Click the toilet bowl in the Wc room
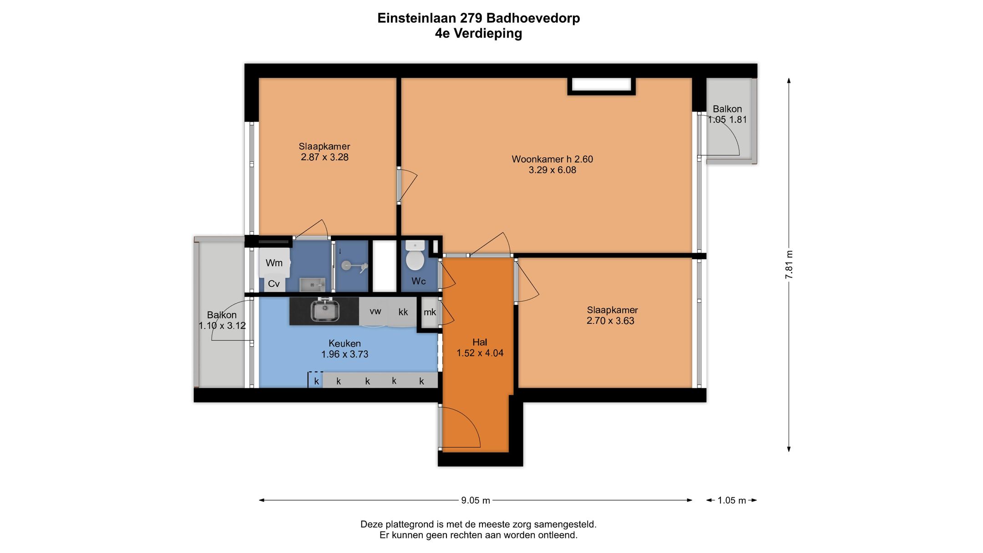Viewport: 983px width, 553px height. tap(415, 260)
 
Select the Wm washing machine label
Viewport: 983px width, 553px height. tap(274, 263)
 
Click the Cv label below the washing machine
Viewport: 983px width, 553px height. tap(274, 284)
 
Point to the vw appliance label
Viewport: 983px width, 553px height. tap(375, 311)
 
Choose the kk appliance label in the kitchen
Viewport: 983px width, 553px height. tap(403, 312)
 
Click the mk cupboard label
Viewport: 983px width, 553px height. tap(430, 312)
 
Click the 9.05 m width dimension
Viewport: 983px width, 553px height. tap(475, 500)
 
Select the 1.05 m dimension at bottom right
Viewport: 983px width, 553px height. tap(731, 500)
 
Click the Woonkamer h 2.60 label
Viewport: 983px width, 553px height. tap(552, 159)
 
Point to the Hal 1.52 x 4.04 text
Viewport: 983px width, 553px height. tap(480, 348)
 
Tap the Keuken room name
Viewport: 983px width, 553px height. tap(345, 343)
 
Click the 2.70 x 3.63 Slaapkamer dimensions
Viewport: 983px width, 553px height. tap(610, 320)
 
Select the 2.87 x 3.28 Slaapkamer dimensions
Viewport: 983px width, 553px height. tap(324, 157)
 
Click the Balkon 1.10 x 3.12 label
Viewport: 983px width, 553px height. tap(222, 320)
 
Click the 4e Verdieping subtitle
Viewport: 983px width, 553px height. tap(478, 33)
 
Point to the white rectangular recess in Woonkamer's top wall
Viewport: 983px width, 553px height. tap(601, 85)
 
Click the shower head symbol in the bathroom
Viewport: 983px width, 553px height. tap(347, 265)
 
